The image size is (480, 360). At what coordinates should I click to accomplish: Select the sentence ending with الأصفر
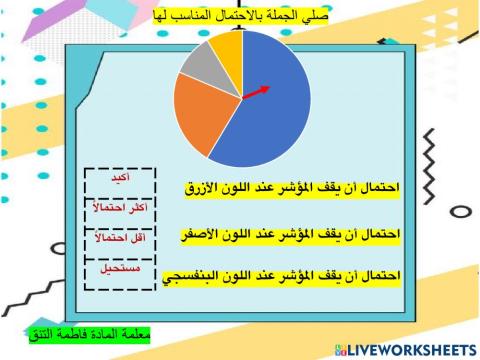(x=291, y=233)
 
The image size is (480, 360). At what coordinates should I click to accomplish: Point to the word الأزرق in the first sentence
(x=204, y=187)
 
